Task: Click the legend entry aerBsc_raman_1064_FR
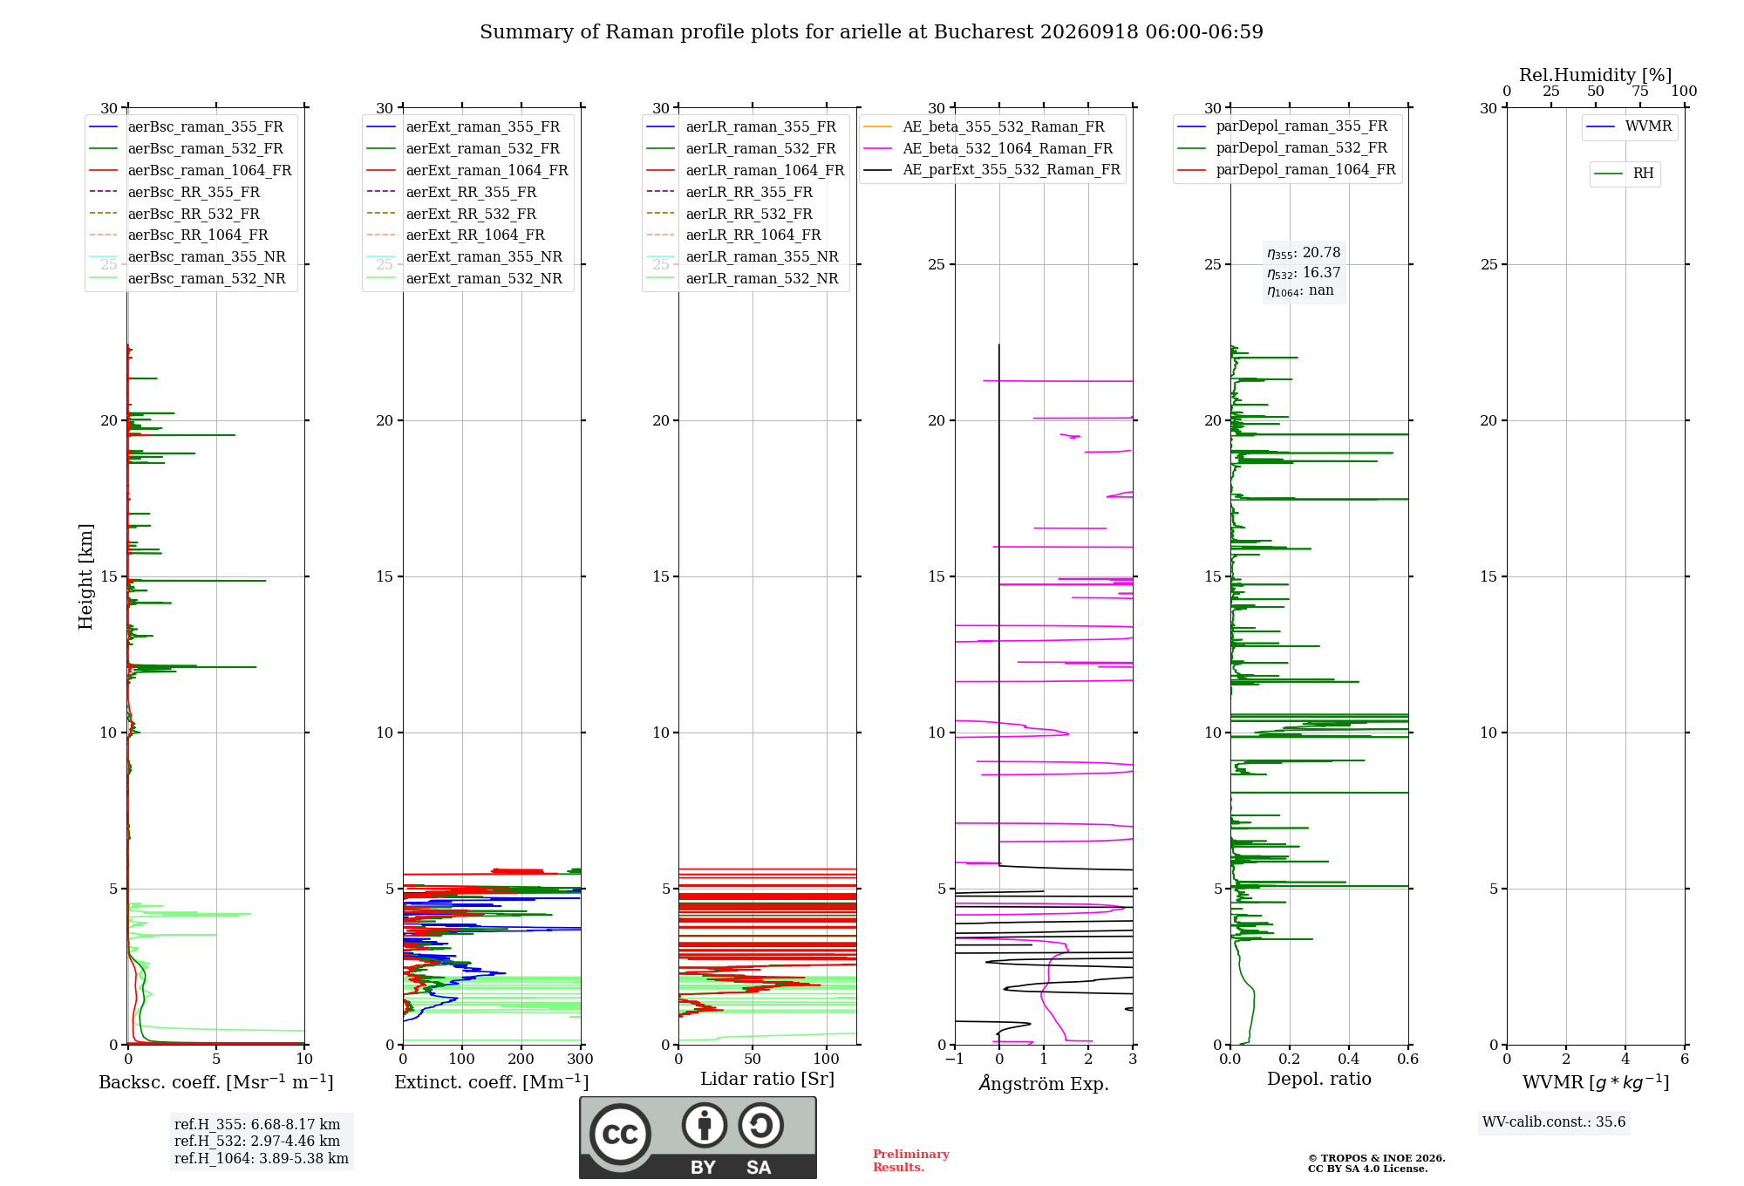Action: point(190,171)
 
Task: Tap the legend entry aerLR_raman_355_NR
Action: point(742,257)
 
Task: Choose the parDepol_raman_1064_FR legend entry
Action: point(1286,170)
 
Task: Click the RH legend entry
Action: point(1624,174)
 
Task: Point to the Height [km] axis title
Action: point(85,576)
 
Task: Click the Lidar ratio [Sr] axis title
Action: point(767,1079)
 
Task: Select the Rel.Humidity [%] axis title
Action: point(1596,75)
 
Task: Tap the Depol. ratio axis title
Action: point(1319,1079)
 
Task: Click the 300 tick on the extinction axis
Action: point(581,1059)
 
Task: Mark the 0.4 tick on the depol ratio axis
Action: point(1349,1059)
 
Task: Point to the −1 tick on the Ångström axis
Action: point(955,1059)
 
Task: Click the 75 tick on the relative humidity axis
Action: point(1640,92)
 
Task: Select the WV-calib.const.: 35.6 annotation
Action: point(1554,1122)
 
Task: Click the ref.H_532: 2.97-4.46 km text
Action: point(257,1141)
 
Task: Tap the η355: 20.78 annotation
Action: point(1304,253)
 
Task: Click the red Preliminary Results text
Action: point(911,1161)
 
